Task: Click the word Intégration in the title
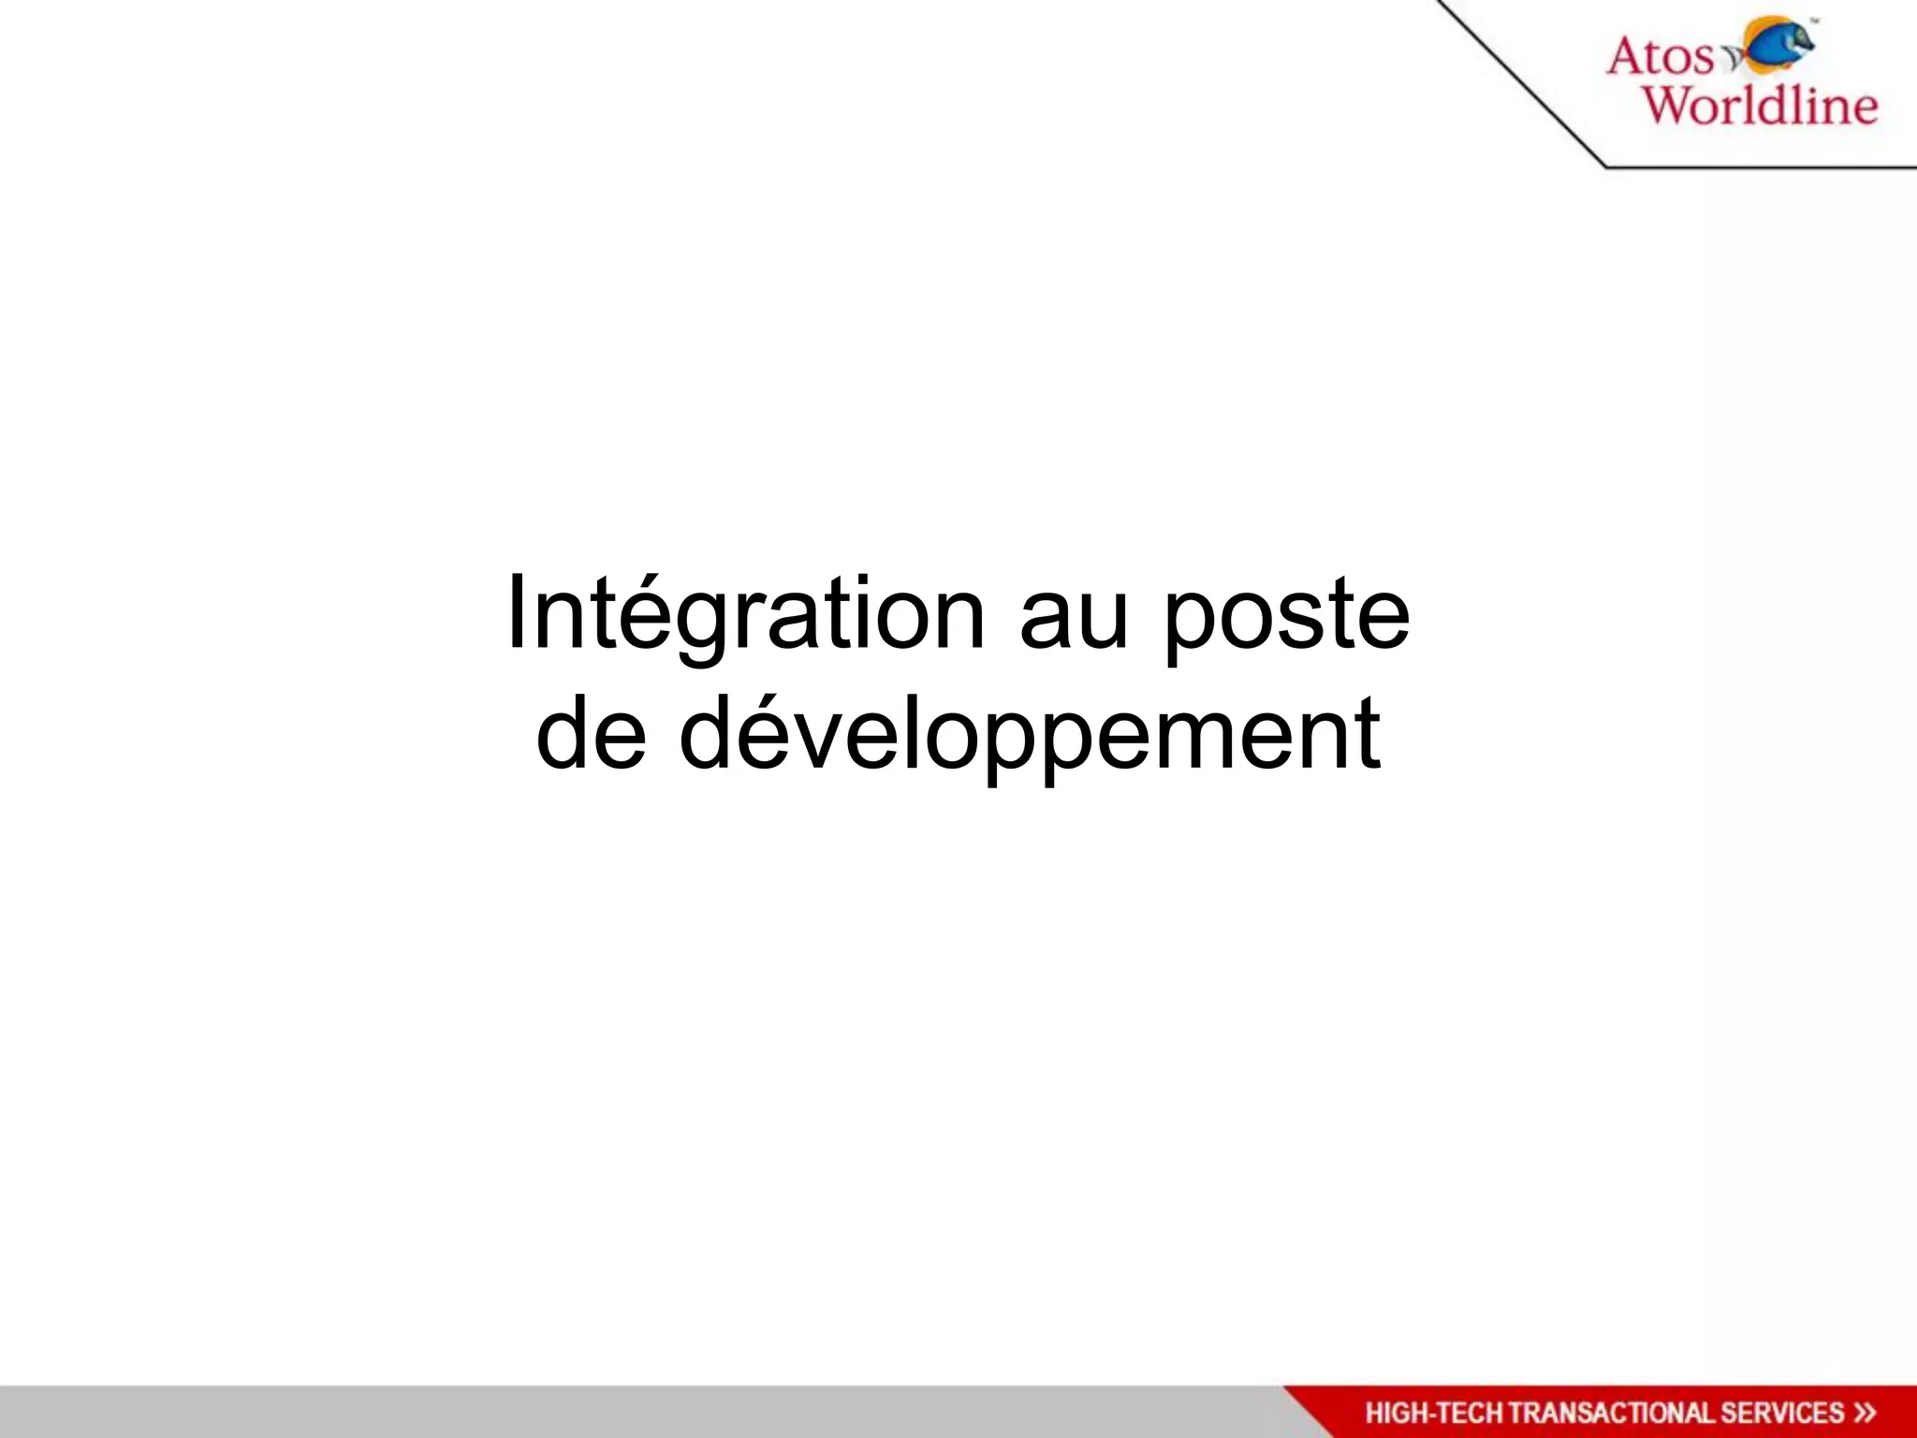(745, 614)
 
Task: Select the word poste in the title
(1286, 618)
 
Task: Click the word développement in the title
(1029, 736)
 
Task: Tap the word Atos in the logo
(1661, 56)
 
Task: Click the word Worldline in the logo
(1761, 104)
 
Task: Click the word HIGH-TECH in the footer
(1434, 1413)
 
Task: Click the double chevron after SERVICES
(1865, 1413)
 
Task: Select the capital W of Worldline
(1672, 104)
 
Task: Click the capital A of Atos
(1630, 56)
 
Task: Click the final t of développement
(1369, 734)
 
